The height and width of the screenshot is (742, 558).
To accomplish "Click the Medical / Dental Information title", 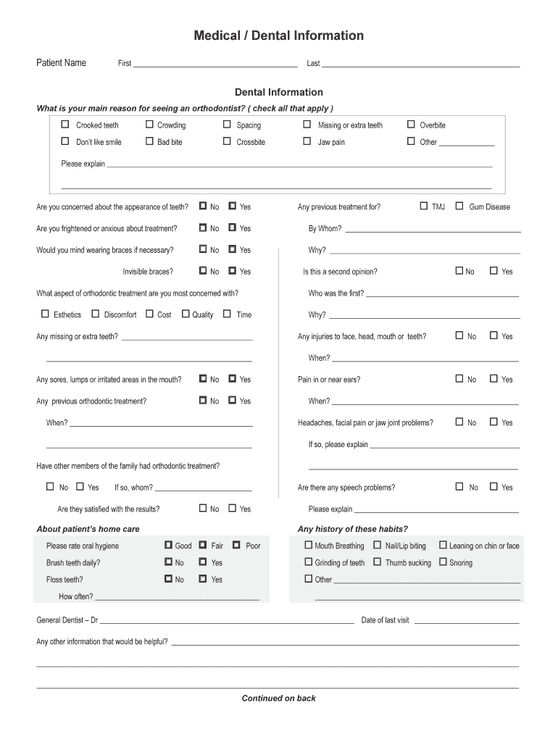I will [x=278, y=36].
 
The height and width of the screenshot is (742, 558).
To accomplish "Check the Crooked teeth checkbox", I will [x=65, y=125].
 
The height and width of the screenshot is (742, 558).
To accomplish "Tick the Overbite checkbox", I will [x=411, y=125].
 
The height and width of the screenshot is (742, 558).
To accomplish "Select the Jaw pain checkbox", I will [x=307, y=141].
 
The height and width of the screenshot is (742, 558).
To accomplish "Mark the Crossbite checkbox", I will [x=227, y=141].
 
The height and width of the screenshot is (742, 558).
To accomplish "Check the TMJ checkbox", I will [x=424, y=206].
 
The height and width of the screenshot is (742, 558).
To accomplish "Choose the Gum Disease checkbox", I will [x=459, y=206].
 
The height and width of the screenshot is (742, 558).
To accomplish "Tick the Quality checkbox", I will [x=186, y=314].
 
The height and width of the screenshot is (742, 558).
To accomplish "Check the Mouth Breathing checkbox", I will [x=308, y=545].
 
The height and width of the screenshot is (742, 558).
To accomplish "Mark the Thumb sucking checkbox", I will [x=378, y=562].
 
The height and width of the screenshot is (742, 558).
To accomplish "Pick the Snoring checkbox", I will [x=443, y=562].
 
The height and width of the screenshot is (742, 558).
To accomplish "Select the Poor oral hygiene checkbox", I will [x=237, y=545].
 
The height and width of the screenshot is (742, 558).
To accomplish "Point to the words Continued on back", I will [x=278, y=699].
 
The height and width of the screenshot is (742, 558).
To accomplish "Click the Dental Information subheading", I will [x=278, y=92].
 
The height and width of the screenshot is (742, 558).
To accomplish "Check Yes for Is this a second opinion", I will [x=494, y=271].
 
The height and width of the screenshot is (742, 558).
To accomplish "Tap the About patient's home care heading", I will [x=88, y=529].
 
